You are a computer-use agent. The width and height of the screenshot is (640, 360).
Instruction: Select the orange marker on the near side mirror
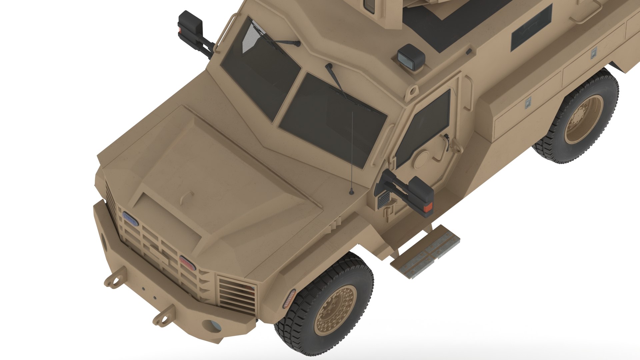click(x=428, y=207)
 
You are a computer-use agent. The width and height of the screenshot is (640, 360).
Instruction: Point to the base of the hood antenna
click(x=351, y=192)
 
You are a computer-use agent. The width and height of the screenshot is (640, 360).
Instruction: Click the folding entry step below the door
click(x=425, y=251)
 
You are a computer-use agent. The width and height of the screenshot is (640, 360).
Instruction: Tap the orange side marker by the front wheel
click(x=289, y=298)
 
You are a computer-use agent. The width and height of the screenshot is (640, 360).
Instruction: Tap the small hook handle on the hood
click(x=187, y=197)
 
